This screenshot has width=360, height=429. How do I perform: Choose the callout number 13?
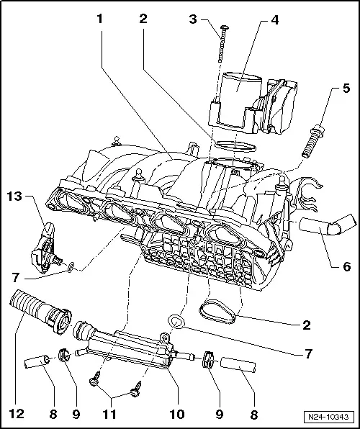tap(15, 196)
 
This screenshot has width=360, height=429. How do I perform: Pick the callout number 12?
tap(15, 414)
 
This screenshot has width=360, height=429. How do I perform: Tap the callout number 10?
tap(175, 414)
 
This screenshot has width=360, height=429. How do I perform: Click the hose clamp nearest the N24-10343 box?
tap(210, 359)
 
